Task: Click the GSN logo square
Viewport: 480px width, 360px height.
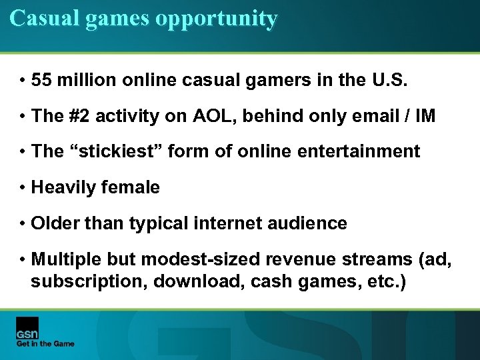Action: point(27,327)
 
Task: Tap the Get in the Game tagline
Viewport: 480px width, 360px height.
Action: point(45,344)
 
